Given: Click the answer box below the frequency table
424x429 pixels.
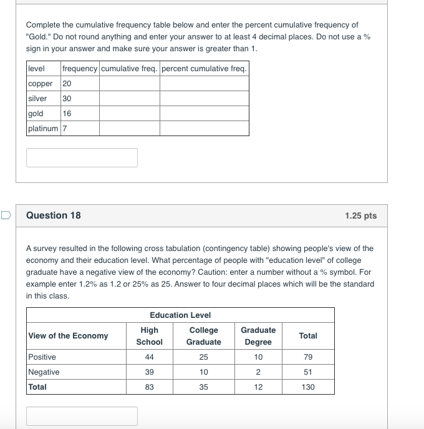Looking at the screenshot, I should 82,157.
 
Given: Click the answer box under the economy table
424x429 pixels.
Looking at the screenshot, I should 82,416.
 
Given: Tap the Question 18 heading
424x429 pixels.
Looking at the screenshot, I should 54,215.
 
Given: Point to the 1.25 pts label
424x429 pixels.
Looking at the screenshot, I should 360,215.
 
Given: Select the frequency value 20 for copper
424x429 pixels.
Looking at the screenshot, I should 67,84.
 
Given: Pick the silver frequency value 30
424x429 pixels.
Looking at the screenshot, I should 67,99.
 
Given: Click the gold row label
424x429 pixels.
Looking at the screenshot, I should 36,114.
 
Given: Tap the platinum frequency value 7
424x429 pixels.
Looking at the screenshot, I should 65,129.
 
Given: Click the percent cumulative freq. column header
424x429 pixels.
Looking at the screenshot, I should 204,69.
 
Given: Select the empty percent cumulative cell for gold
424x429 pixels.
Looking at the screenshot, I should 204,114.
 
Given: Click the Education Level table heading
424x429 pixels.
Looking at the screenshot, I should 180,315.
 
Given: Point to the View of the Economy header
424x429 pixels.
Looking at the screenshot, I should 68,336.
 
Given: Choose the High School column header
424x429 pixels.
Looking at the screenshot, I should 149,336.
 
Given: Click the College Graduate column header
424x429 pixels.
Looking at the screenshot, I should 203,336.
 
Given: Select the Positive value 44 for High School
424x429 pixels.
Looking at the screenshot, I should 149,357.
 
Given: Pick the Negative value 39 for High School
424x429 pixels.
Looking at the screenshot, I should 149,372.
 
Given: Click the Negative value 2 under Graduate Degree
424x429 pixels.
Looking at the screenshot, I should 258,372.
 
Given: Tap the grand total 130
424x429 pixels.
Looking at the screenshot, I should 308,387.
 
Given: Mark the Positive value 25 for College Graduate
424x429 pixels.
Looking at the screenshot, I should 203,357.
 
